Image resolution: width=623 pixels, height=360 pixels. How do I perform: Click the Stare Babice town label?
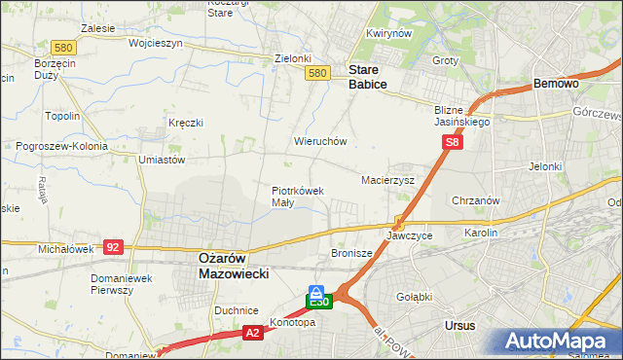click(368, 78)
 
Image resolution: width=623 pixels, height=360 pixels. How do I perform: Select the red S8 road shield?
click(452, 142)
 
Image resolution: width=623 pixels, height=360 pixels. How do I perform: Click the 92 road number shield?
click(113, 247)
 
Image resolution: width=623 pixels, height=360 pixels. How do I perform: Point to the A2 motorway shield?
click(252, 333)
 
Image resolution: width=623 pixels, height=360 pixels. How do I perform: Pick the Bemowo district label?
click(557, 85)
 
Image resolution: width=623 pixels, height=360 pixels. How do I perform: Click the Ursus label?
click(458, 324)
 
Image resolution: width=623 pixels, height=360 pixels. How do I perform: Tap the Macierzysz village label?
click(387, 180)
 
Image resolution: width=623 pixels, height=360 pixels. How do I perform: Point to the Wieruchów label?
click(320, 141)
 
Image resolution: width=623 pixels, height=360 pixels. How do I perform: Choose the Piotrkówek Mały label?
click(297, 197)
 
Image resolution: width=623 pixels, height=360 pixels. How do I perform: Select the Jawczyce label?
click(409, 235)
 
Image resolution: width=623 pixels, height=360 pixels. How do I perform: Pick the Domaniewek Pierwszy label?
click(120, 284)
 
